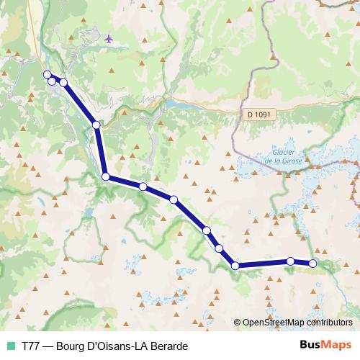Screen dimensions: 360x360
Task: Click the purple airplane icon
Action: pyautogui.click(x=109, y=38)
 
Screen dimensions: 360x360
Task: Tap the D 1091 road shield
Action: pyautogui.click(x=258, y=113)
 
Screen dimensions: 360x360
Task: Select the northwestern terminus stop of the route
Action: pyautogui.click(x=47, y=75)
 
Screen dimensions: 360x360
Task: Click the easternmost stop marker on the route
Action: pyautogui.click(x=312, y=264)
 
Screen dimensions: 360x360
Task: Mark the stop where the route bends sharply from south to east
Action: pyautogui.click(x=105, y=176)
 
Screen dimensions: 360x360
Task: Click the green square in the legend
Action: pyautogui.click(x=10, y=346)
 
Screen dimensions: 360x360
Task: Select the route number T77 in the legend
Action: pyautogui.click(x=31, y=346)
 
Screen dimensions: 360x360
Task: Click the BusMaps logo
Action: pyautogui.click(x=325, y=345)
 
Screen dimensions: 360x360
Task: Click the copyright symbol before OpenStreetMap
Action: pyautogui.click(x=238, y=323)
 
